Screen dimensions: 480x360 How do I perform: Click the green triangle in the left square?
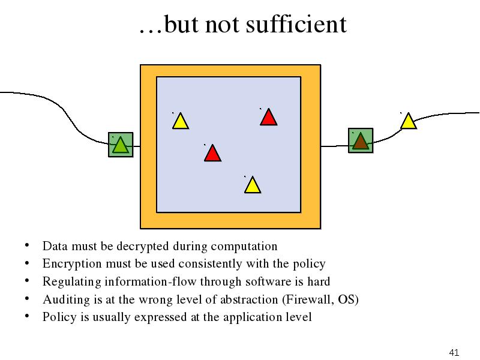[121, 146]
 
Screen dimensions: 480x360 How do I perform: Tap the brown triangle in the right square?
[361, 142]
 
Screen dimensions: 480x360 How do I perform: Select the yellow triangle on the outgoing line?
[409, 122]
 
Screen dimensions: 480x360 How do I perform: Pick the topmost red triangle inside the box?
[268, 118]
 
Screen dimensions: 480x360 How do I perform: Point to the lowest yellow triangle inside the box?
[253, 185]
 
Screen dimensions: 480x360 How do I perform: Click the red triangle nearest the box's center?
[212, 154]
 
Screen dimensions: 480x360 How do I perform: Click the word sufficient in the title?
[296, 24]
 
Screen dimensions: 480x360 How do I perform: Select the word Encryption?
[72, 264]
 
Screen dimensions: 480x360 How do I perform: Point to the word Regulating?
[71, 281]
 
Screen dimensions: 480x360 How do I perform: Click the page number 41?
[454, 352]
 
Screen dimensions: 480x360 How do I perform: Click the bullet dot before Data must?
[27, 245]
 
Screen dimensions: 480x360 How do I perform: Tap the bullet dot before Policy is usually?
[27, 316]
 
